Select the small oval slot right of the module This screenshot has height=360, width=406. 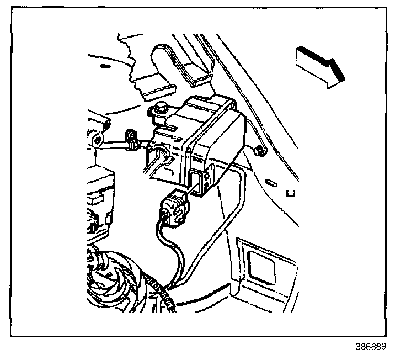pos(270,182)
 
